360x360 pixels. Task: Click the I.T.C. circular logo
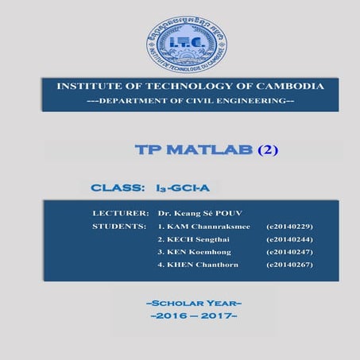(x=186, y=45)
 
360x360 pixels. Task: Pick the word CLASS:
(x=118, y=188)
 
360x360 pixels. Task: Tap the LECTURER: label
(x=121, y=214)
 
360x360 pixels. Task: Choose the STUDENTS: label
(x=120, y=226)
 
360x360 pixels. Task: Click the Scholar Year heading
(x=194, y=304)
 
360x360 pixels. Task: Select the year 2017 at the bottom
(x=218, y=316)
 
